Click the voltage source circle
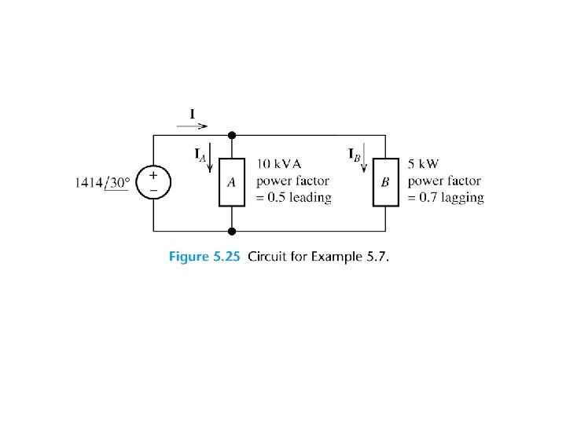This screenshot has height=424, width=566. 153,183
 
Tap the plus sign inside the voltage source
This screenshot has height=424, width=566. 153,176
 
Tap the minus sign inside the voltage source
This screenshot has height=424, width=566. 153,191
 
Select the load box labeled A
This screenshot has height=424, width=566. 232,182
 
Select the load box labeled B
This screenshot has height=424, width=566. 385,182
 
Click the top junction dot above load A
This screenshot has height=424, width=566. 232,136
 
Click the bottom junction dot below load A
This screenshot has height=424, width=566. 232,231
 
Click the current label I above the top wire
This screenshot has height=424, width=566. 193,112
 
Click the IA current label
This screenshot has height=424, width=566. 200,155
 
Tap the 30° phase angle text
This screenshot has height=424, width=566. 119,183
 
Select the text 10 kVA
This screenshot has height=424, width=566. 279,165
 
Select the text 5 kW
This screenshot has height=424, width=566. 423,165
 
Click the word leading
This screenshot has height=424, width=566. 310,198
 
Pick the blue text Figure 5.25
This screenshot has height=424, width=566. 205,258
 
